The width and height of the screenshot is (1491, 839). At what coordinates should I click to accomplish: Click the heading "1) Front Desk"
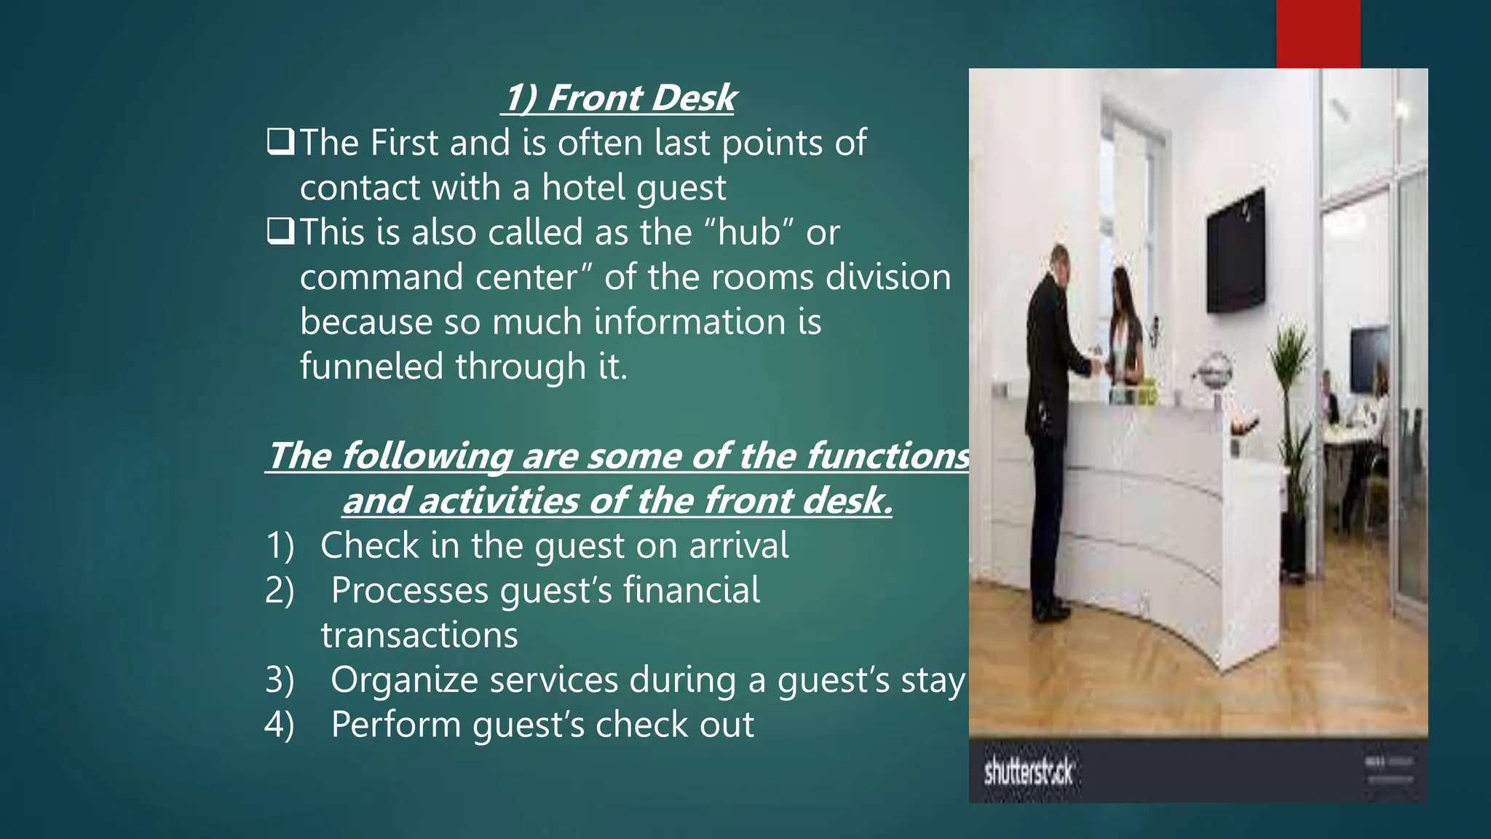[620, 98]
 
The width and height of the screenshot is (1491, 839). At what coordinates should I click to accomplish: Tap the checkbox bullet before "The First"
[280, 141]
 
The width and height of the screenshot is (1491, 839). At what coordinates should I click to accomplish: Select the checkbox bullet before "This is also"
[280, 231]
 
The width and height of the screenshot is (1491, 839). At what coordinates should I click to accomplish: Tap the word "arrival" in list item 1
[738, 545]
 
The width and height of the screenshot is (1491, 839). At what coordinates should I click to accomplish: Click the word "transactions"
[419, 635]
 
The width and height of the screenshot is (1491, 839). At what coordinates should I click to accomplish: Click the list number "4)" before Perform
[280, 725]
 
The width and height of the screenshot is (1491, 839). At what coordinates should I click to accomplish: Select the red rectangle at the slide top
[1318, 34]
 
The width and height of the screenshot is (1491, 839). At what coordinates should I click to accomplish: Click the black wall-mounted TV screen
[1236, 251]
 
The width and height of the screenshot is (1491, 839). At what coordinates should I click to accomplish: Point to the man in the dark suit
[1051, 430]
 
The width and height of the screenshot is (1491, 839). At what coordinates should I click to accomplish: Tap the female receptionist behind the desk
[1125, 328]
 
